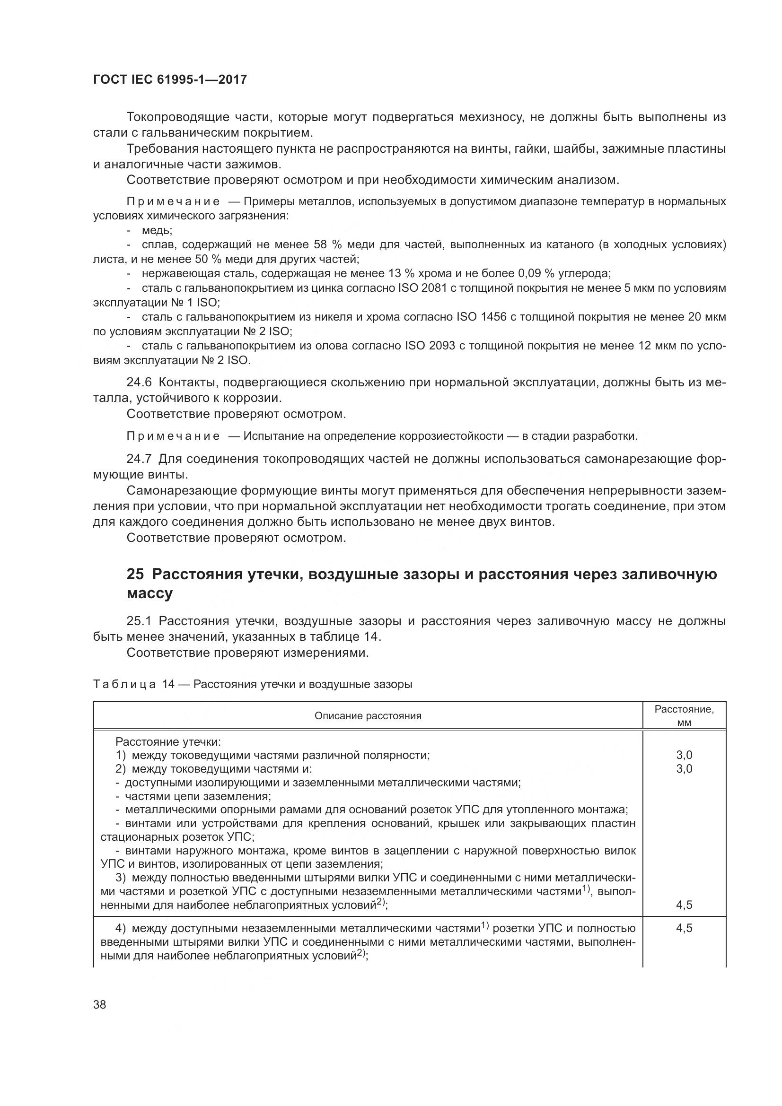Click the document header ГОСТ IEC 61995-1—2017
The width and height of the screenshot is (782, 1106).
point(170,79)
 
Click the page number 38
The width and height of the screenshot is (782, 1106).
point(100,1005)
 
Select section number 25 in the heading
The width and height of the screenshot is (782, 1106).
point(136,574)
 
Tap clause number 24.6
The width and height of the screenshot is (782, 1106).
point(139,383)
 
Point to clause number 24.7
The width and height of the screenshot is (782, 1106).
point(139,459)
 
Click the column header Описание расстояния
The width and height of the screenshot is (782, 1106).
point(368,716)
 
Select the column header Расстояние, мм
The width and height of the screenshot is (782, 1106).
point(684,715)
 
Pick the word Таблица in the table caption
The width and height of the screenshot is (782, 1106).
point(124,684)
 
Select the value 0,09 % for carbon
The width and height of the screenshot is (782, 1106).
point(536,274)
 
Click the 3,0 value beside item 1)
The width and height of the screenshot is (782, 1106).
point(684,755)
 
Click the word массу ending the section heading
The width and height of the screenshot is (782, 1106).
point(149,593)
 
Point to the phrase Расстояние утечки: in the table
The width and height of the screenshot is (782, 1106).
point(167,742)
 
